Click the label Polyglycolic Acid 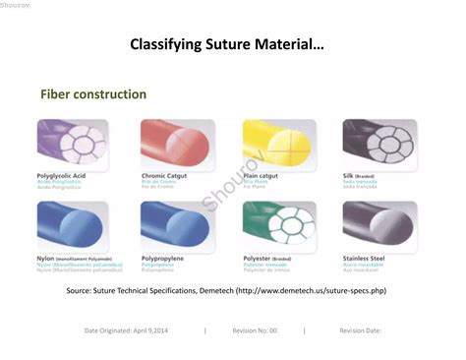[61, 176]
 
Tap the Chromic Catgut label [164, 176]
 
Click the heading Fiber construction [93, 94]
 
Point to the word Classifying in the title [167, 45]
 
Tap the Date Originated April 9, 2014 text [126, 331]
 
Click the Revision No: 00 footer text [255, 331]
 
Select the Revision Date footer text [360, 331]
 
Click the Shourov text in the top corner [15, 4]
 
